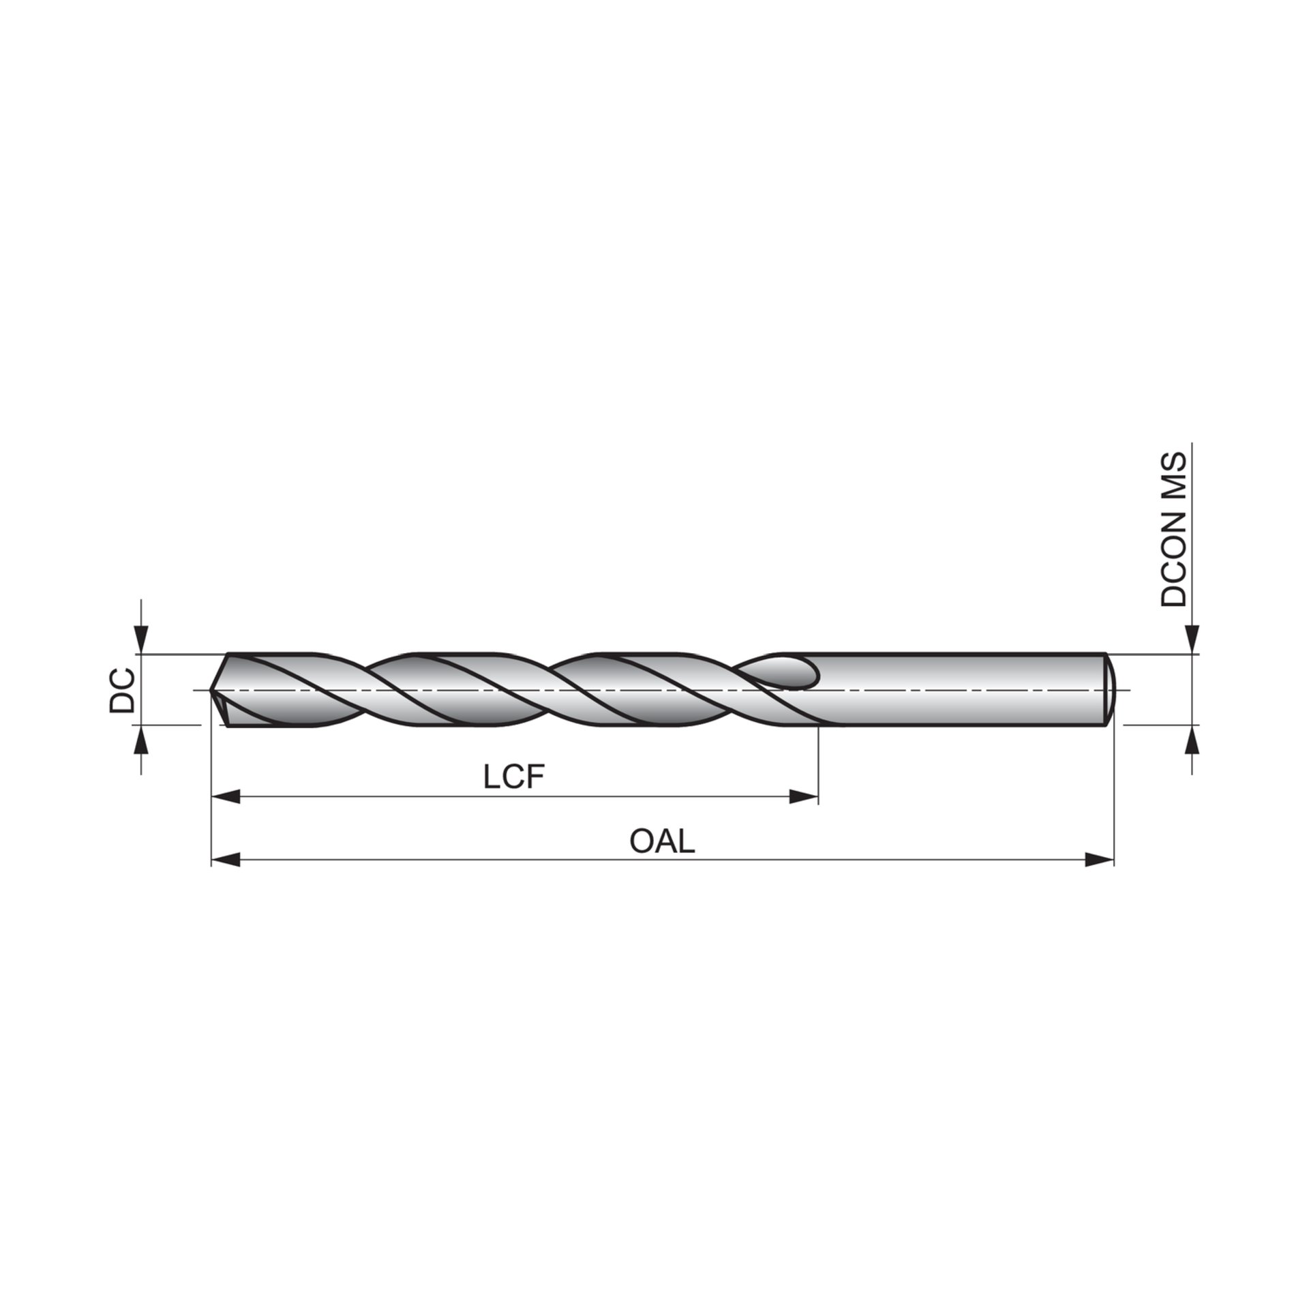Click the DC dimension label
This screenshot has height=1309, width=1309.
122,690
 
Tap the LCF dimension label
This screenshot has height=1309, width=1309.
515,777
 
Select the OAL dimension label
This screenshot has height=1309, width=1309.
662,841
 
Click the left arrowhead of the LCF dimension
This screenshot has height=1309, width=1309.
226,796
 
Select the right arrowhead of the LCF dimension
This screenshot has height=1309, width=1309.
804,796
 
